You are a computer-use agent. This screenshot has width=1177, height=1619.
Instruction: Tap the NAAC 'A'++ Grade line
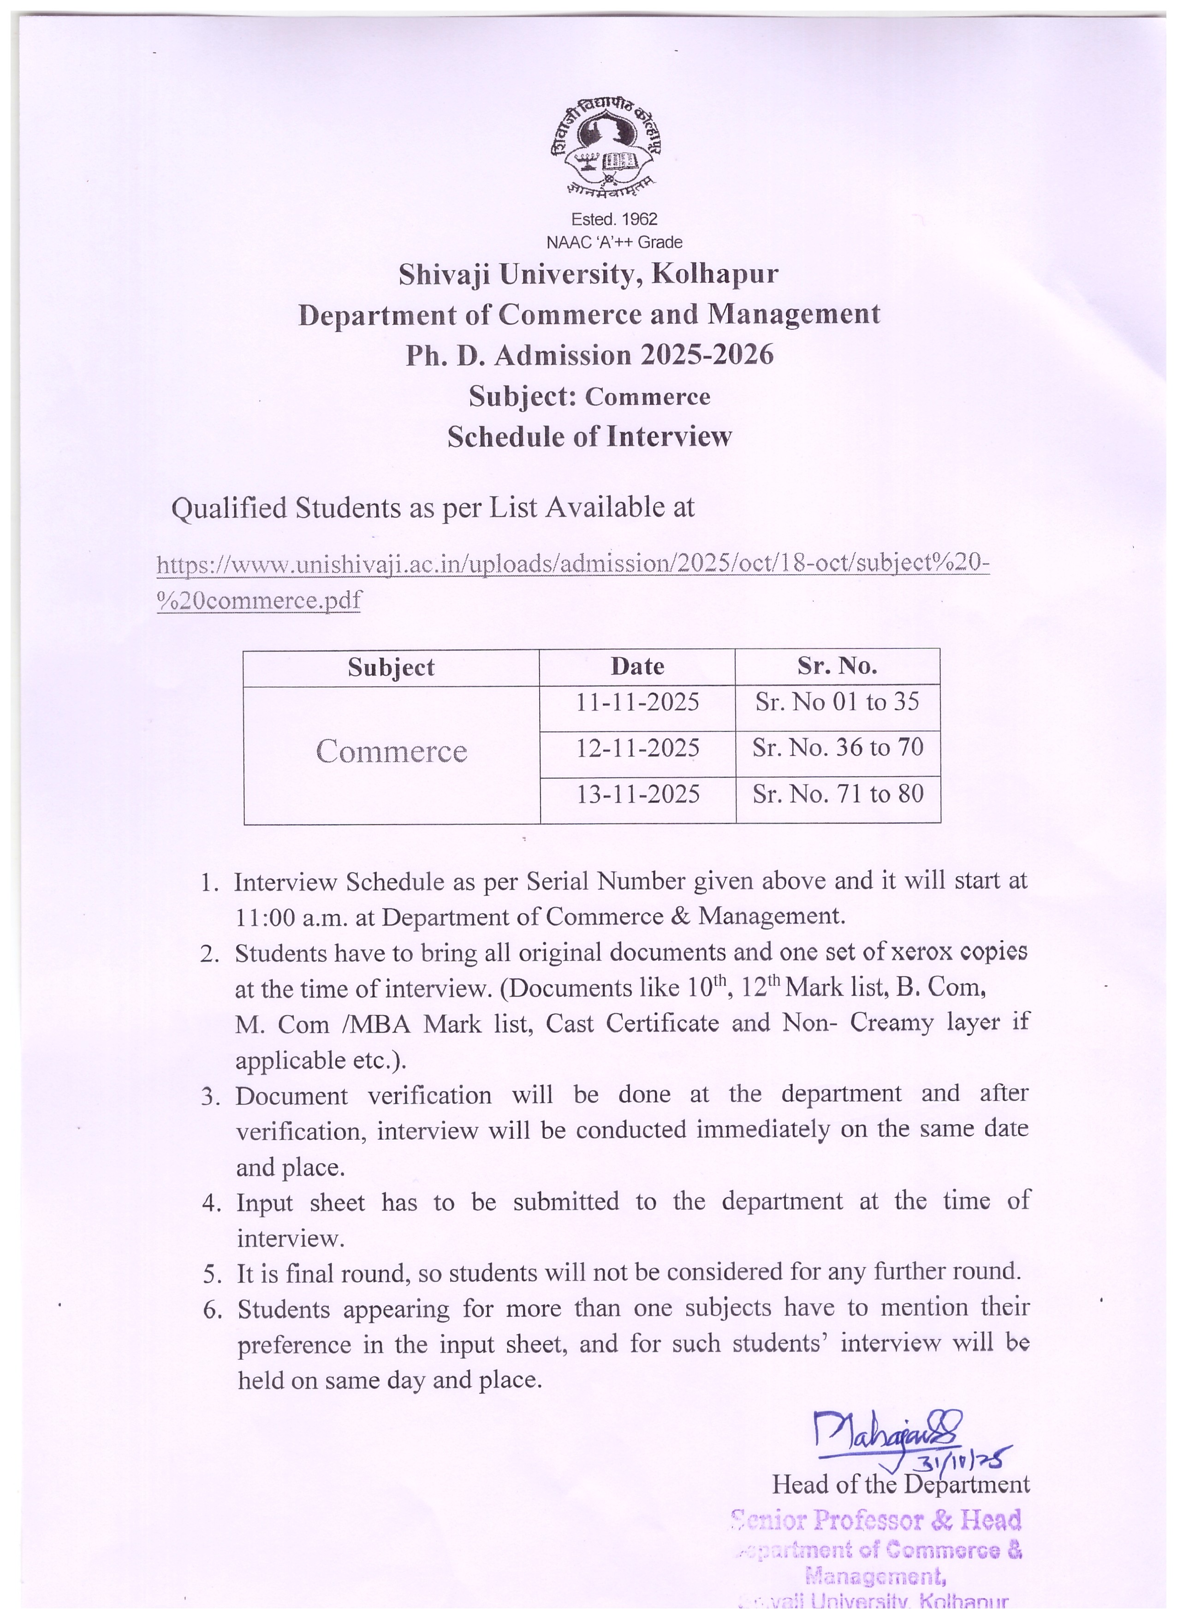coord(614,243)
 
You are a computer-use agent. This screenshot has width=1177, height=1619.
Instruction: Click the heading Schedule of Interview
coord(589,437)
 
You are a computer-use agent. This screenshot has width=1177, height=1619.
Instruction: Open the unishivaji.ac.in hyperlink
coord(572,565)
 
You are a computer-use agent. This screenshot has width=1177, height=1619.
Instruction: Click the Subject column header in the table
coord(391,667)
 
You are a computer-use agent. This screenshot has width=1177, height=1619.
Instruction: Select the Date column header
coord(637,667)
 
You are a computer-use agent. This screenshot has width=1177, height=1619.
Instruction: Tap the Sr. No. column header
coord(837,666)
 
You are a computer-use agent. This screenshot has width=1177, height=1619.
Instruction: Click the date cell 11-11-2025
coord(637,702)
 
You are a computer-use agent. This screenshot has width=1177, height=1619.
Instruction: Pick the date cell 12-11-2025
coord(637,748)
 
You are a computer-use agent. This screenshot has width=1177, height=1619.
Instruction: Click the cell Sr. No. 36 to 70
coord(838,748)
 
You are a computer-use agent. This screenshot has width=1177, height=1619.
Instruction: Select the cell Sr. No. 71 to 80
coord(838,794)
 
